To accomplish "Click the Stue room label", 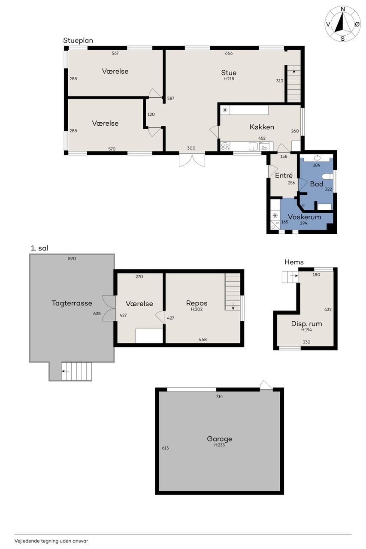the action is pyautogui.click(x=229, y=72).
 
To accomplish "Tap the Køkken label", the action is pyautogui.click(x=262, y=127).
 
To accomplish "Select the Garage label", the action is pyautogui.click(x=219, y=439).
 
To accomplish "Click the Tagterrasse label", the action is pyautogui.click(x=72, y=303).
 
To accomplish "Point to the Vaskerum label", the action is pyautogui.click(x=305, y=217).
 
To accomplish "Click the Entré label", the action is pyautogui.click(x=284, y=175).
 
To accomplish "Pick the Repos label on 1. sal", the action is pyautogui.click(x=197, y=303).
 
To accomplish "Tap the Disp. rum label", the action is pyautogui.click(x=306, y=324).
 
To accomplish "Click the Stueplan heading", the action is pyautogui.click(x=78, y=40).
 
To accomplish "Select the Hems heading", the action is pyautogui.click(x=294, y=262).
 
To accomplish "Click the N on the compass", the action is pyautogui.click(x=343, y=9).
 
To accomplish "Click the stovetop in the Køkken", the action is pyautogui.click(x=225, y=147).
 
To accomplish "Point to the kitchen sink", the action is pyautogui.click(x=253, y=147).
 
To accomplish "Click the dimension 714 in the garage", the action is pyautogui.click(x=219, y=396).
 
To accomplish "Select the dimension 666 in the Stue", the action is pyautogui.click(x=229, y=53).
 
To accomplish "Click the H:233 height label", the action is pyautogui.click(x=219, y=445).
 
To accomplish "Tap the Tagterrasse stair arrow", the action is pyautogui.click(x=66, y=371).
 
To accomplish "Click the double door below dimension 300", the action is pyautogui.click(x=192, y=160).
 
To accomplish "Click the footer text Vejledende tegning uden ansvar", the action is pyautogui.click(x=51, y=541).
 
